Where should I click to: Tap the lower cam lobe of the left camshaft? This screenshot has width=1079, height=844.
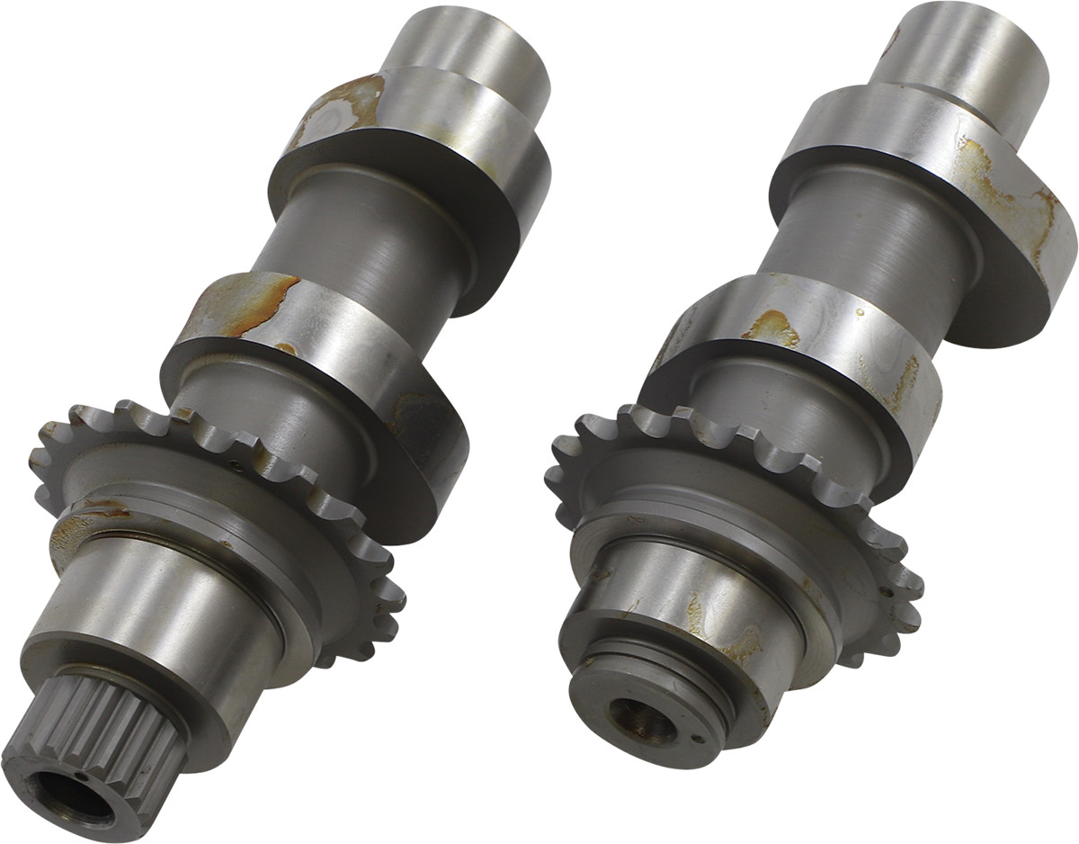click(x=297, y=351)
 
